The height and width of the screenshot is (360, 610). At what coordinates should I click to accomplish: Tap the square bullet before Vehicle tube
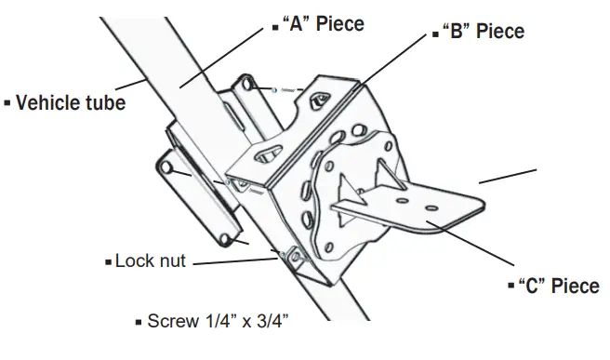[7, 101]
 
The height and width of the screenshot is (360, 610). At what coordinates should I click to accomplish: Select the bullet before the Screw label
[139, 323]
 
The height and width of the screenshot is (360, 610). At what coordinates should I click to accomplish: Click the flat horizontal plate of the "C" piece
[437, 205]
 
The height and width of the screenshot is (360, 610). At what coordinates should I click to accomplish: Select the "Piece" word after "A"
[340, 23]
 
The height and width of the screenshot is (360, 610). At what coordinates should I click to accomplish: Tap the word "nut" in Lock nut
[169, 261]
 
